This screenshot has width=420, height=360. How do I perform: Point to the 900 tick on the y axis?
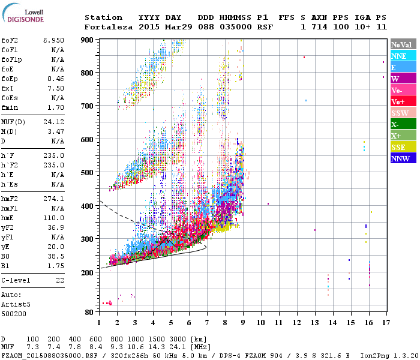click(89, 40)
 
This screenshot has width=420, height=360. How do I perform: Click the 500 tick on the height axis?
click(89, 173)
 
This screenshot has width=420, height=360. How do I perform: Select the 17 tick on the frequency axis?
click(385, 323)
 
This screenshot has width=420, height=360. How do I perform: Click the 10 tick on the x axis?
click(260, 323)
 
